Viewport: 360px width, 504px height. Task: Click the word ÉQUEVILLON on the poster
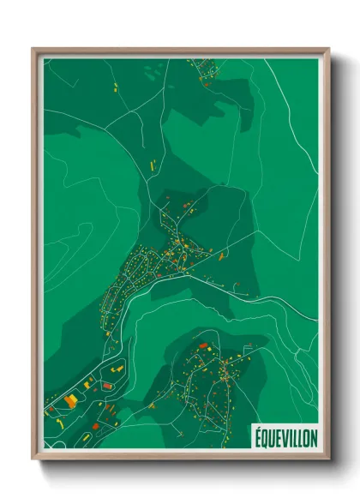pyautogui.click(x=285, y=437)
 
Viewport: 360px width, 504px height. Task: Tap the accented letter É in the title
pyautogui.click(x=257, y=436)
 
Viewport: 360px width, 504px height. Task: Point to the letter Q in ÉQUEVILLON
pyautogui.click(x=264, y=437)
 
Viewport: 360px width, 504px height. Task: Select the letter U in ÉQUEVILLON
pyautogui.click(x=271, y=437)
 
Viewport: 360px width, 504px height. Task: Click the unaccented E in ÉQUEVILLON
pyautogui.click(x=278, y=437)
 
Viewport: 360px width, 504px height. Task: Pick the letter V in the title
pyautogui.click(x=285, y=437)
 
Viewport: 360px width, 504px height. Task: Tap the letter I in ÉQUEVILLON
pyautogui.click(x=291, y=437)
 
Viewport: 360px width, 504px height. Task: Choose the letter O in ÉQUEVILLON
pyautogui.click(x=306, y=437)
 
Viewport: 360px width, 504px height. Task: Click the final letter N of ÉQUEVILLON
pyautogui.click(x=314, y=437)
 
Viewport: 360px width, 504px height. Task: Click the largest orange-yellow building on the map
pyautogui.click(x=70, y=400)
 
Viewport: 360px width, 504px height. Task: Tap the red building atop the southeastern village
pyautogui.click(x=203, y=346)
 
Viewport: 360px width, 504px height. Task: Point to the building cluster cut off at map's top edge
pyautogui.click(x=204, y=63)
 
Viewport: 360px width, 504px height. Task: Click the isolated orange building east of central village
pyautogui.click(x=223, y=255)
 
